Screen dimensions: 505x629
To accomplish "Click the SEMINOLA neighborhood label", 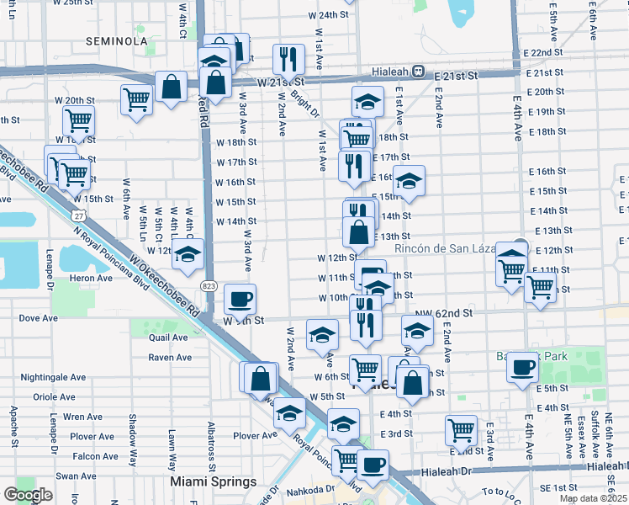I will pyautogui.click(x=122, y=40).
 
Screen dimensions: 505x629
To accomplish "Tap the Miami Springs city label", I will pyautogui.click(x=214, y=481).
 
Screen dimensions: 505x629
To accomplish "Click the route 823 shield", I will pyautogui.click(x=208, y=286).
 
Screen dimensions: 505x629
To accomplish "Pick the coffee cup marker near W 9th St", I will pyautogui.click(x=240, y=298).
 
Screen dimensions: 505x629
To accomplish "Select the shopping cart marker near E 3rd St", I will pyautogui.click(x=461, y=429).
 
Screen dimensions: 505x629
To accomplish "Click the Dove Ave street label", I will pyautogui.click(x=38, y=318).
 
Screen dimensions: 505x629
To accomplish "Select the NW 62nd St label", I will pyautogui.click(x=449, y=313).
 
